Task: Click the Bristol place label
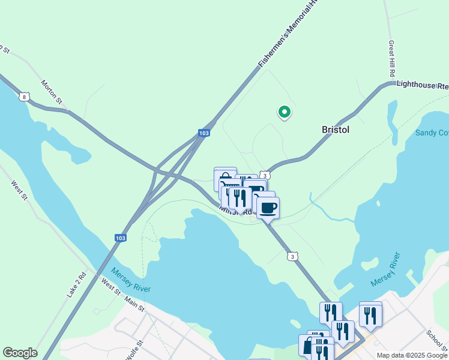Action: pyautogui.click(x=336, y=130)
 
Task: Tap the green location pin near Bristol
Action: pyautogui.click(x=284, y=112)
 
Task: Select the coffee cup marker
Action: pyautogui.click(x=268, y=208)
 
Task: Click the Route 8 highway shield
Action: pyautogui.click(x=23, y=96)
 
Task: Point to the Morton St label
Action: pyautogui.click(x=52, y=91)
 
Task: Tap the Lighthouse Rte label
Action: pyautogui.click(x=423, y=86)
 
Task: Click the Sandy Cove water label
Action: pyautogui.click(x=432, y=132)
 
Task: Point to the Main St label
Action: pyautogui.click(x=134, y=305)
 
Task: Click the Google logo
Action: pyautogui.click(x=20, y=353)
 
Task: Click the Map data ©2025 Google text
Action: pyautogui.click(x=411, y=355)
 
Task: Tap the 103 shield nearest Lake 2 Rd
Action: pyautogui.click(x=121, y=238)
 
